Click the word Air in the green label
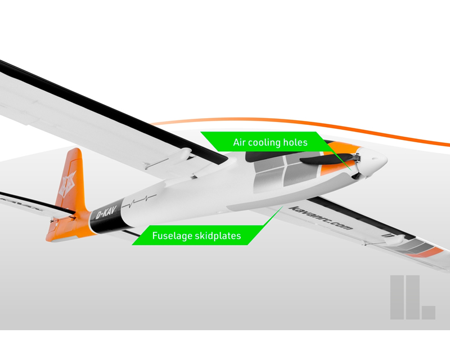click(x=240, y=142)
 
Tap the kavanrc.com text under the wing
click(x=321, y=218)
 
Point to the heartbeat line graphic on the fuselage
click(x=139, y=201)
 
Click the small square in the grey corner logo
click(x=429, y=312)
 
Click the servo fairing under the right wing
click(x=396, y=240)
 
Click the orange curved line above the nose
click(x=299, y=127)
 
